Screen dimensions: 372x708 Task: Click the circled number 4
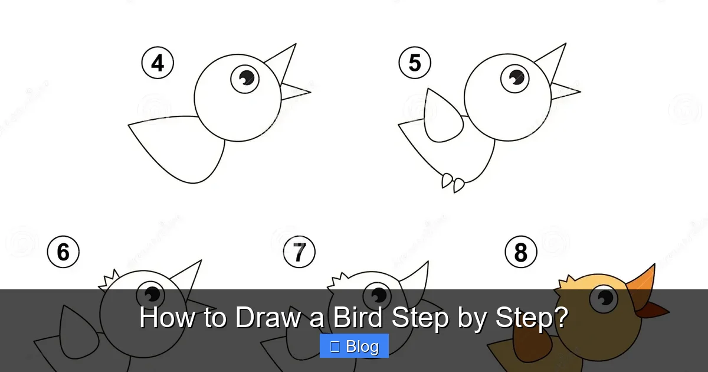(158, 63)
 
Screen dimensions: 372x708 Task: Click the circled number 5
(415, 63)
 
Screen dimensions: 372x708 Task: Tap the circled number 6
(63, 252)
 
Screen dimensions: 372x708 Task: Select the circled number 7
(299, 252)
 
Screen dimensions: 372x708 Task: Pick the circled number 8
(521, 252)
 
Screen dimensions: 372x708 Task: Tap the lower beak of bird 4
(294, 92)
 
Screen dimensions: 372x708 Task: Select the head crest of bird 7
(339, 280)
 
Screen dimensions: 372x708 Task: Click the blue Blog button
(354, 346)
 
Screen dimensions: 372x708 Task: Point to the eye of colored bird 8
(604, 298)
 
